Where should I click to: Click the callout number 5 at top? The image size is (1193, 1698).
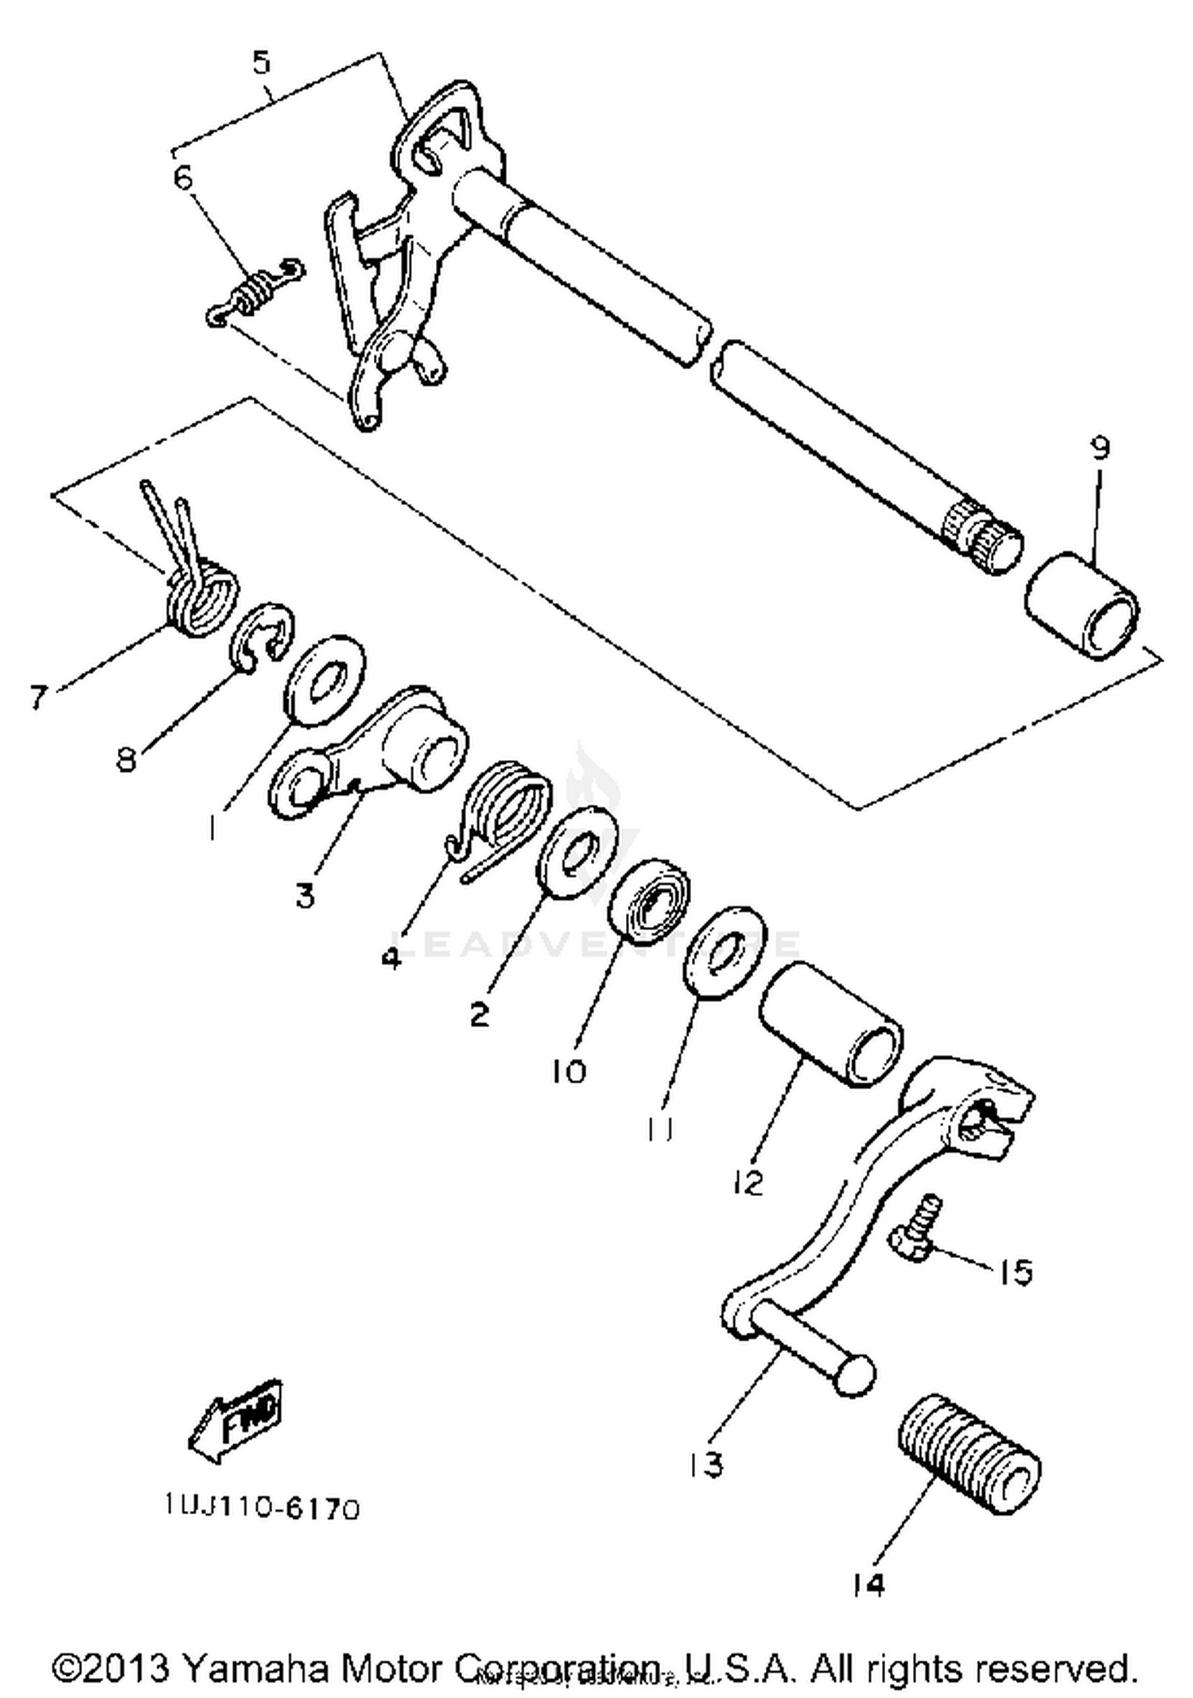262,62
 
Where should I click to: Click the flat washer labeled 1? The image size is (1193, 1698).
325,680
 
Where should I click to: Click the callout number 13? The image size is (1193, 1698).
706,1462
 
